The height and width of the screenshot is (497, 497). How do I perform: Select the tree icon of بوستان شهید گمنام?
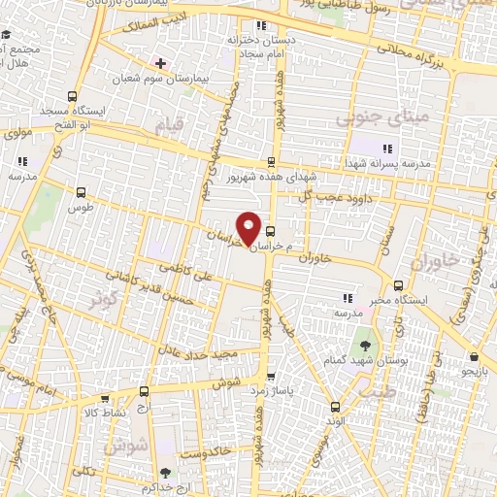(x=365, y=344)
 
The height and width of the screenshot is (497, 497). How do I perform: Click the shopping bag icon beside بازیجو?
(x=473, y=355)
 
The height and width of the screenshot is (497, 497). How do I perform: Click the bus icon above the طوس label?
(x=81, y=192)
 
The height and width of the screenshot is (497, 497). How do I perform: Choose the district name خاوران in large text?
(x=432, y=263)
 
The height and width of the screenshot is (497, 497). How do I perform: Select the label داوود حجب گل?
(x=316, y=197)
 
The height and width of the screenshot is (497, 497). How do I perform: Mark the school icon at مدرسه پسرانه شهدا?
(x=387, y=149)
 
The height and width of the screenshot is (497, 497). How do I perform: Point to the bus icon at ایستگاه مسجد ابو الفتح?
(x=72, y=96)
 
